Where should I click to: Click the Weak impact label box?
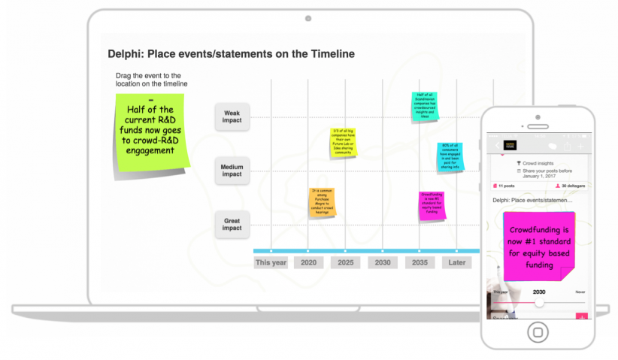232,116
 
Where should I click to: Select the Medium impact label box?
232,170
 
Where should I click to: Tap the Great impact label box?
232,224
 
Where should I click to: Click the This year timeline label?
271,263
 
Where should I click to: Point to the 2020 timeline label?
308,263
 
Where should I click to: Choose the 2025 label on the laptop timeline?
345,263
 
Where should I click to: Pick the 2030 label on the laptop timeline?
382,263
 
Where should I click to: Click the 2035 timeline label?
420,263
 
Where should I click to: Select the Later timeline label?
456,263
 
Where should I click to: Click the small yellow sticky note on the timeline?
343,142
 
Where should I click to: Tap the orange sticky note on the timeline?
322,202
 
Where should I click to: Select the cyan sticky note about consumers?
450,156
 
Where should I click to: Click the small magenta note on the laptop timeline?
432,205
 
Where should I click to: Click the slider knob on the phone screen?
539,302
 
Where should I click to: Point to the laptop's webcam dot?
308,18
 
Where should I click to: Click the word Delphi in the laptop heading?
125,54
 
